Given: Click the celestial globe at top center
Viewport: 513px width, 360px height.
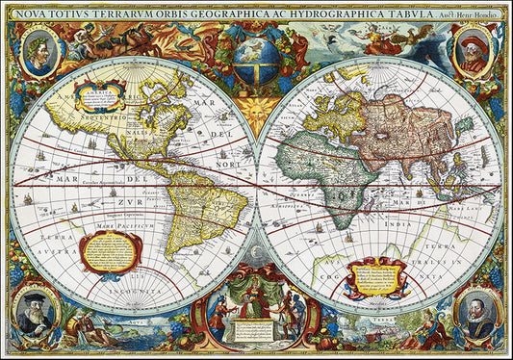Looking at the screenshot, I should [x=257, y=60].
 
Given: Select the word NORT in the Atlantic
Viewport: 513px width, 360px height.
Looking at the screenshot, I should [x=227, y=164].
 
